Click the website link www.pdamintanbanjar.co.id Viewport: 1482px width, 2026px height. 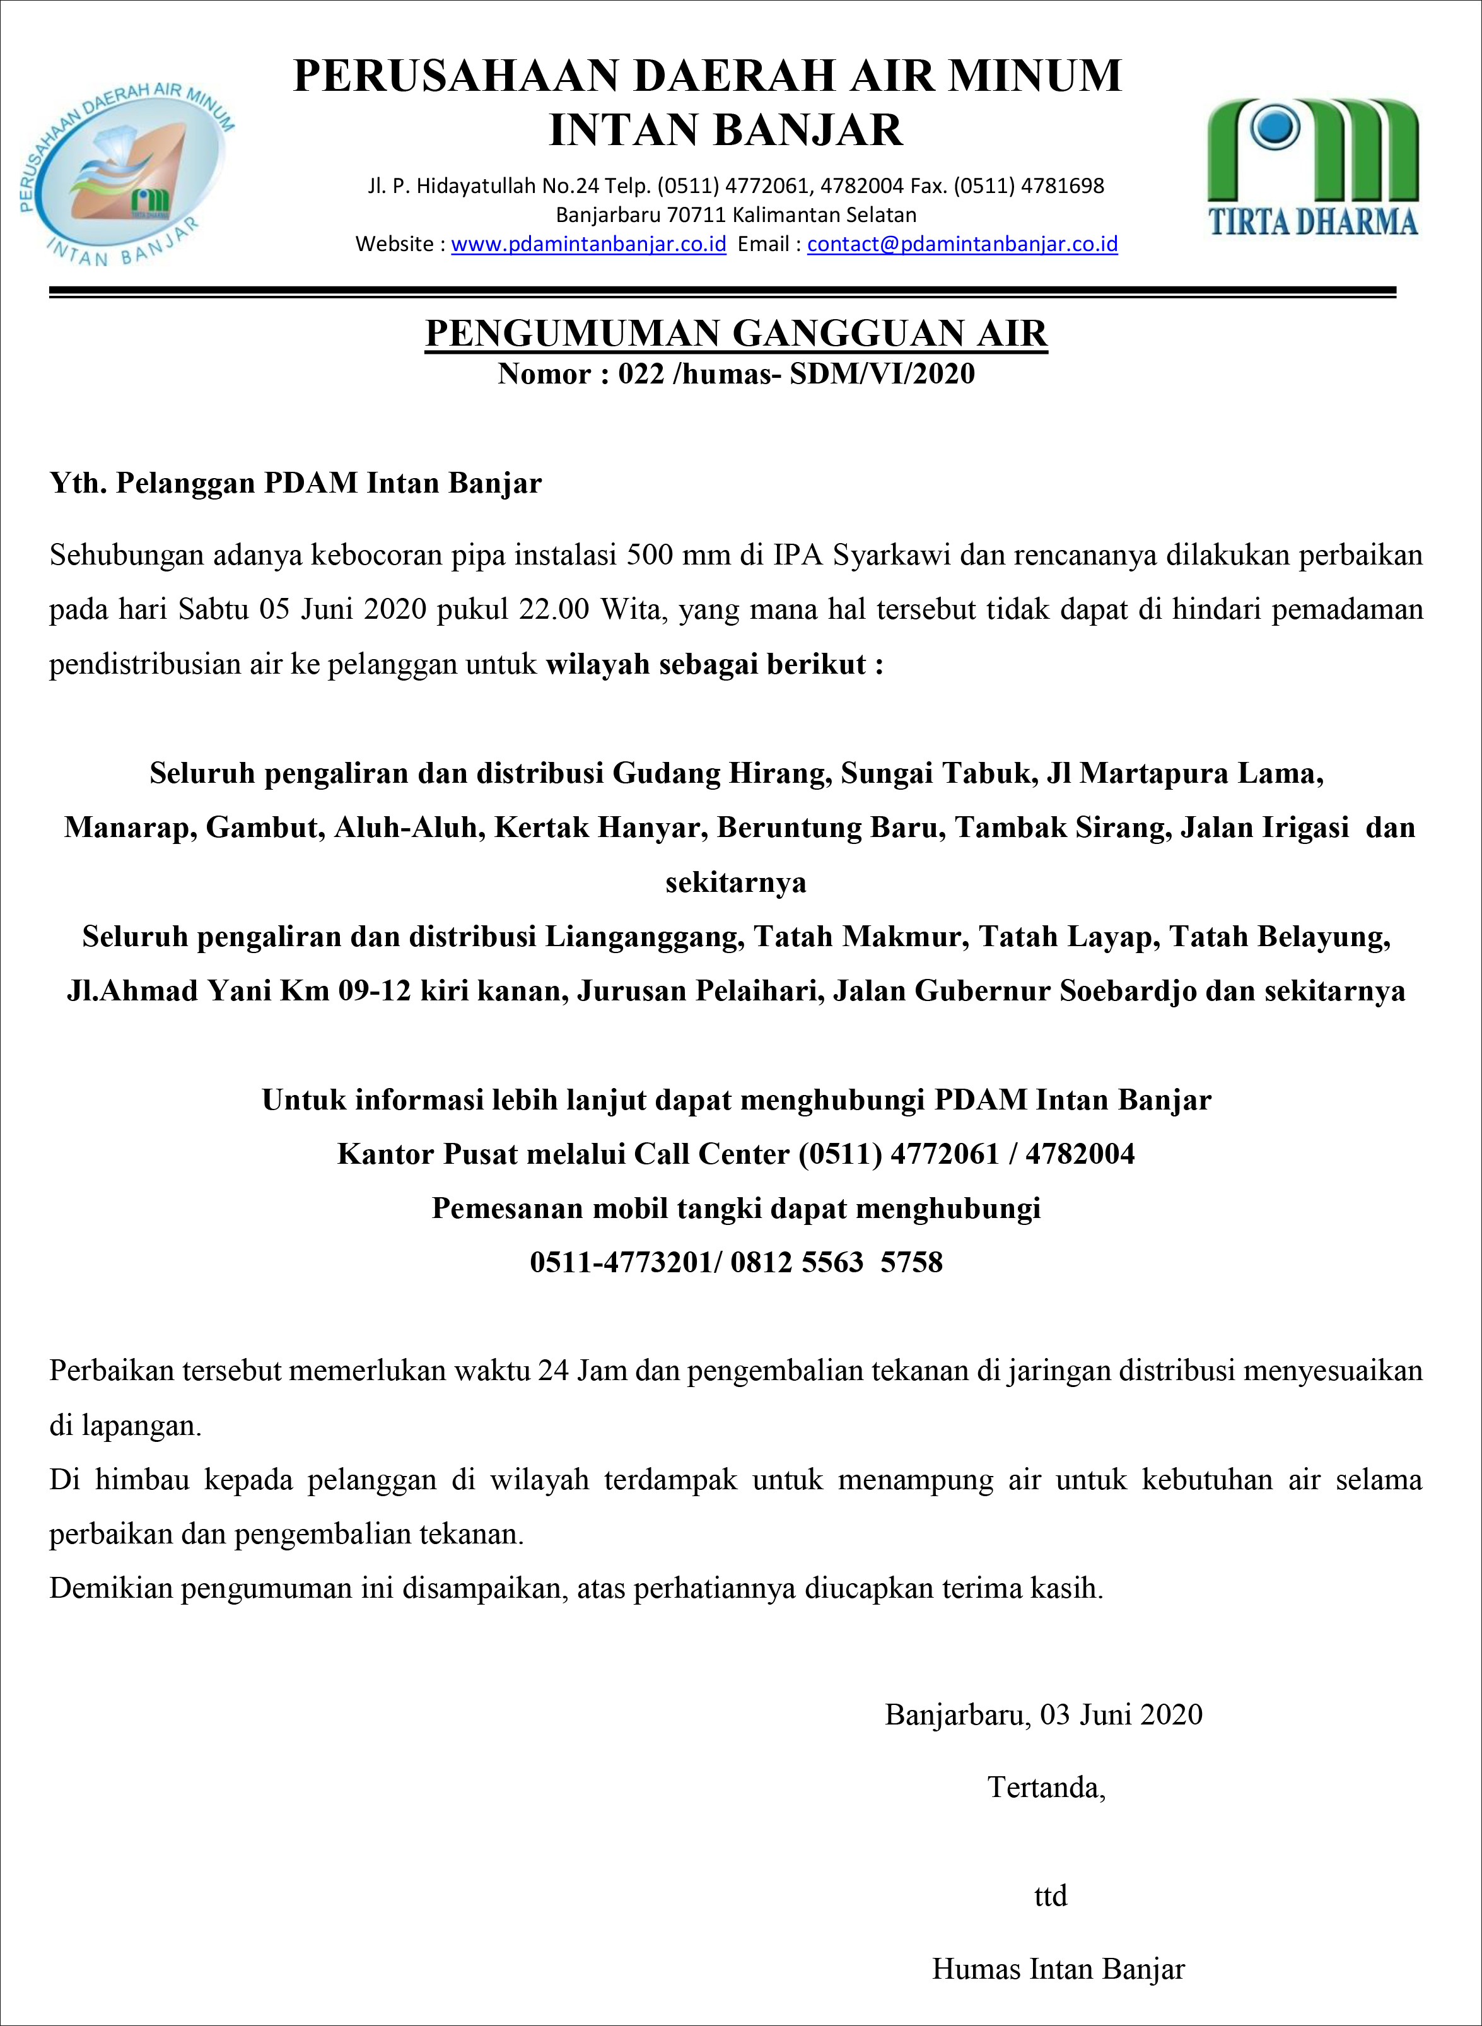click(x=588, y=244)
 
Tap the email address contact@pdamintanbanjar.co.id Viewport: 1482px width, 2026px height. click(x=962, y=244)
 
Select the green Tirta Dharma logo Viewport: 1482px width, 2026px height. click(x=1312, y=166)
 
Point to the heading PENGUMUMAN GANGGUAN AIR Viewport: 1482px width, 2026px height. click(x=735, y=333)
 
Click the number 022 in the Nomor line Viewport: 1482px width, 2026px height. click(x=641, y=373)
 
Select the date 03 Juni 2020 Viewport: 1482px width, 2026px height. click(x=1121, y=1714)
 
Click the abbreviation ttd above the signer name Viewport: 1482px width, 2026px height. click(x=1049, y=1896)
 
